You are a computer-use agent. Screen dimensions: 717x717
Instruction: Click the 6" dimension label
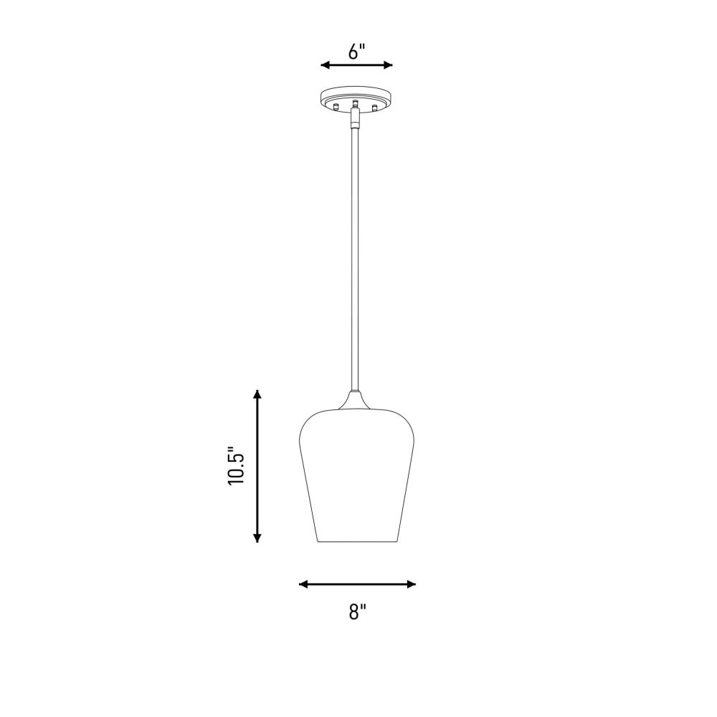pyautogui.click(x=356, y=52)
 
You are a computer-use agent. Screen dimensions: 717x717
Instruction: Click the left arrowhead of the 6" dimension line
pyautogui.click(x=325, y=65)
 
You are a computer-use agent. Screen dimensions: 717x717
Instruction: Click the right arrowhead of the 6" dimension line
pyautogui.click(x=388, y=65)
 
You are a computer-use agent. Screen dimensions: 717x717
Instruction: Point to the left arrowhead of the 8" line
pyautogui.click(x=303, y=584)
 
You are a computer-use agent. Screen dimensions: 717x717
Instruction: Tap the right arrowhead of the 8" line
pyautogui.click(x=411, y=584)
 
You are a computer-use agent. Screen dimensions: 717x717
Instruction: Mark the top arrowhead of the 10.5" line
pyautogui.click(x=257, y=394)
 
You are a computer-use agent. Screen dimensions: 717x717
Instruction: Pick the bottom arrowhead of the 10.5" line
pyautogui.click(x=257, y=538)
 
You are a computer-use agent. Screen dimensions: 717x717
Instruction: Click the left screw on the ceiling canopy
pyautogui.click(x=336, y=107)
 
